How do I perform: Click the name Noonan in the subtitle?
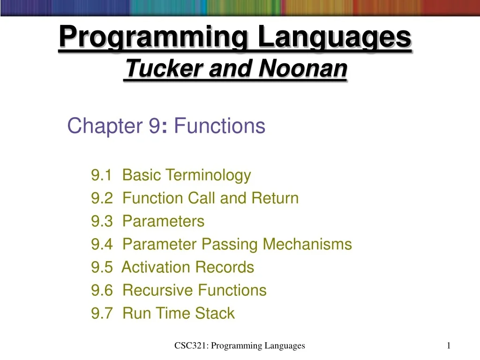click(303, 68)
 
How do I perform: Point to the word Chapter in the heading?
click(105, 126)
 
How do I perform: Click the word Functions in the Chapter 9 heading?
click(219, 126)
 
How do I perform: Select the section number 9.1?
click(102, 175)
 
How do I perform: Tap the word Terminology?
click(208, 176)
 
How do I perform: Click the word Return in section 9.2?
click(275, 198)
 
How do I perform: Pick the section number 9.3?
click(102, 221)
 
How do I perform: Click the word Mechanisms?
click(307, 244)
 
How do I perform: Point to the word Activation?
click(156, 267)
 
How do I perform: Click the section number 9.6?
click(102, 290)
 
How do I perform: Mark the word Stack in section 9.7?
click(215, 313)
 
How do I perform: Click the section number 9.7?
click(102, 313)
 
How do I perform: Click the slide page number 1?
click(449, 345)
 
